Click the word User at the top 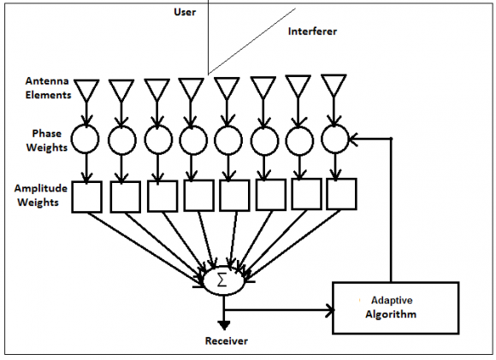coord(185,12)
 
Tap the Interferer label coord(312,32)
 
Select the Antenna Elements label coord(48,88)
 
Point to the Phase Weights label coord(47,140)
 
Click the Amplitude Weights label coord(40,195)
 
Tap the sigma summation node coord(224,281)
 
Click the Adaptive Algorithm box coord(395,308)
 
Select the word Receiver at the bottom coord(227,340)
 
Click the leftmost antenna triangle coord(86,90)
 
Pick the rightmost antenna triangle coord(334,85)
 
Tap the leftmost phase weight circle coord(86,139)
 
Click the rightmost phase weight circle coord(335,139)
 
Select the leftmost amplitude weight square coord(86,197)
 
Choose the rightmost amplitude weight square coord(341,194)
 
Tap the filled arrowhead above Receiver coord(224,325)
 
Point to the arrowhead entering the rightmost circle coord(354,139)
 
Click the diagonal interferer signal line coord(251,41)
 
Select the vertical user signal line coord(208,37)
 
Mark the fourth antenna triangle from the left coord(191,89)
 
